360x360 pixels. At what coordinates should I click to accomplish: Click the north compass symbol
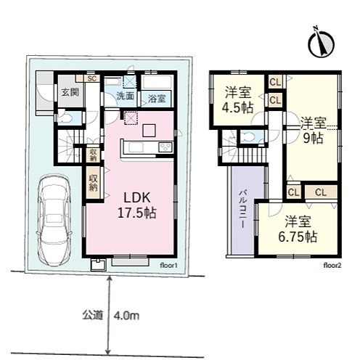(x=321, y=44)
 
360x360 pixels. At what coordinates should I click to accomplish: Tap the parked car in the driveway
(x=54, y=220)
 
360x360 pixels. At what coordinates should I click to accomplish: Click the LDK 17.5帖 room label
(x=137, y=205)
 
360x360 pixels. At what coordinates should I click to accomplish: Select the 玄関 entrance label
(x=70, y=92)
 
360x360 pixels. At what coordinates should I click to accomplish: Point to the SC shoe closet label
(x=92, y=78)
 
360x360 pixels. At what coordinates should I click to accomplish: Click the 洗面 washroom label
(x=126, y=96)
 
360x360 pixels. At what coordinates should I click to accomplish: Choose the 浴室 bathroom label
(x=157, y=99)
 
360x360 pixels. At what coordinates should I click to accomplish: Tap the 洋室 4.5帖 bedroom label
(x=238, y=99)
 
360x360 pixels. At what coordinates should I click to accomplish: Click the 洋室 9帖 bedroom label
(x=314, y=130)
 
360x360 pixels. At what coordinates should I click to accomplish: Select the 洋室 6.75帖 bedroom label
(x=298, y=229)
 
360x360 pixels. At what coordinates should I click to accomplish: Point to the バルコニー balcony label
(x=242, y=209)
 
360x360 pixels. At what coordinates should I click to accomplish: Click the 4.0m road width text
(x=126, y=316)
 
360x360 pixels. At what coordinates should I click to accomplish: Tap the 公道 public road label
(x=93, y=315)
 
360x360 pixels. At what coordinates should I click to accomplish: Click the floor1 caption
(x=168, y=266)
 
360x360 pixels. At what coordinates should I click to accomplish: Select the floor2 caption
(x=332, y=266)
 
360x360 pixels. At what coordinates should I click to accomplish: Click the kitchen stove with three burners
(x=165, y=147)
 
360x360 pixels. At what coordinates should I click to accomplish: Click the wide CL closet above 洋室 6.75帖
(x=321, y=192)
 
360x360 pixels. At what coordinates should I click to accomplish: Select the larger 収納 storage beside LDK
(x=94, y=183)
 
